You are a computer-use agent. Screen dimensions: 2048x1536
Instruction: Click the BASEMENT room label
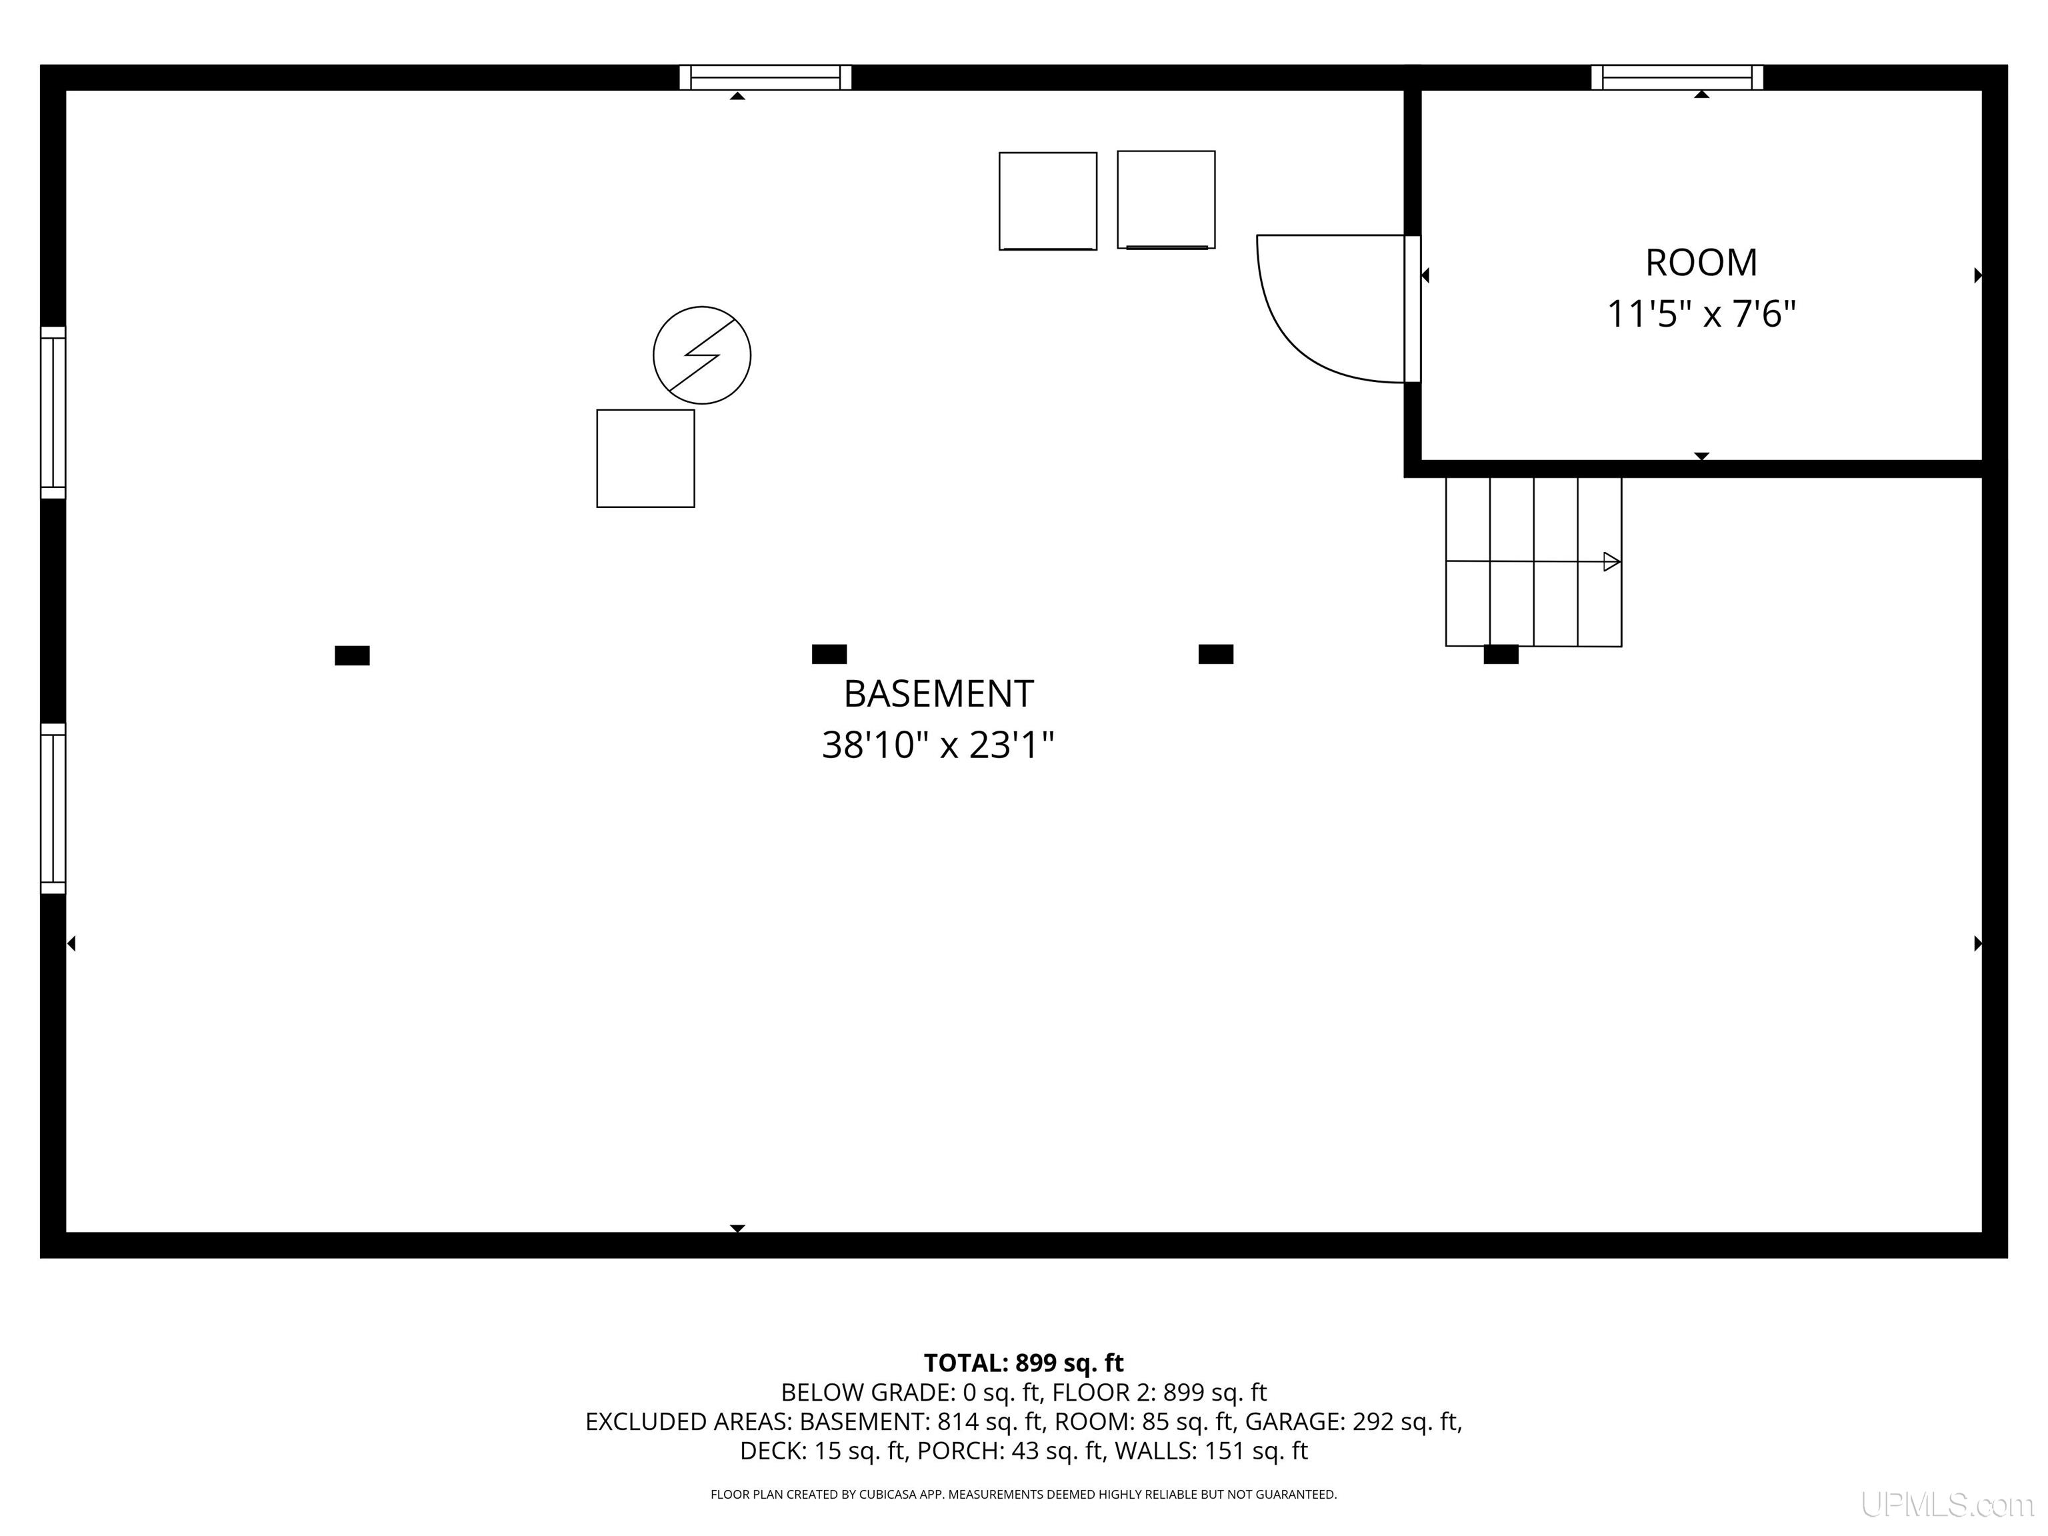pos(938,693)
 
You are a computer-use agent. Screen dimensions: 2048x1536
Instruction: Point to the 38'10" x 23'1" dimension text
pos(938,745)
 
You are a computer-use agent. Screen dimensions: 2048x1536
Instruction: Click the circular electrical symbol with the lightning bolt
pos(702,355)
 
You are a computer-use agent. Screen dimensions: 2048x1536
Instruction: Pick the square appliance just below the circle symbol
pos(645,458)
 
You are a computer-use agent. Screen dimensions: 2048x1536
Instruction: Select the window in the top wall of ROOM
pos(1677,78)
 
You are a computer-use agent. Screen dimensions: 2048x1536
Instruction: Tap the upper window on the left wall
pos(53,412)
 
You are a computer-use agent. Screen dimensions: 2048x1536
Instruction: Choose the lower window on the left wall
pos(53,808)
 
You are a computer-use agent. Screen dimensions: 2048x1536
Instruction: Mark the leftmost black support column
pos(352,655)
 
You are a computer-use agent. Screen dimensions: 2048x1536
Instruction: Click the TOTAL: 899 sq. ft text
pos(1023,1363)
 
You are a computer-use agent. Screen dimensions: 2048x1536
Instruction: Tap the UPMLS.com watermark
pos(1947,1505)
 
